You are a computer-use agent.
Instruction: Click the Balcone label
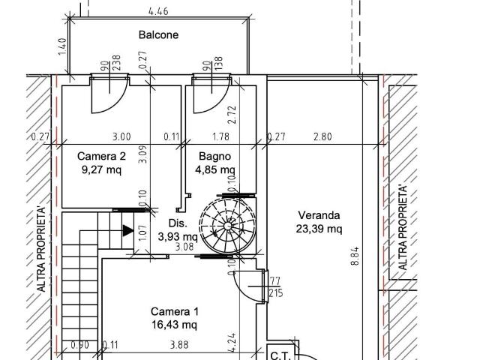click(x=158, y=34)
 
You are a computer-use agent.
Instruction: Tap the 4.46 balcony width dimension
click(x=158, y=12)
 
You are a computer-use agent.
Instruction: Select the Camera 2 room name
click(x=101, y=156)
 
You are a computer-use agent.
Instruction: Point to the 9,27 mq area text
click(x=101, y=169)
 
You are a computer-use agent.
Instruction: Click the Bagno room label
click(x=215, y=156)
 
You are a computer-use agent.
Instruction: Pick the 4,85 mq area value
click(x=215, y=169)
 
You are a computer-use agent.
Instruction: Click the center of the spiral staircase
click(x=227, y=226)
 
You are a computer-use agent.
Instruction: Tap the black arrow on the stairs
click(x=128, y=230)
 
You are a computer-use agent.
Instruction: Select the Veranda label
click(x=319, y=215)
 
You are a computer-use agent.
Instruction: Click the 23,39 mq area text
click(x=319, y=229)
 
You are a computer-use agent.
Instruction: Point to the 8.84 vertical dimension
click(x=355, y=256)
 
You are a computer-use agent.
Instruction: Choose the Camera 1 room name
click(x=175, y=312)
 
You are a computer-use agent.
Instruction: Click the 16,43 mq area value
click(x=175, y=325)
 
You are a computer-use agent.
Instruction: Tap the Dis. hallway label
click(x=178, y=223)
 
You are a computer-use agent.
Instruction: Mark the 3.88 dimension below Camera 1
click(x=179, y=345)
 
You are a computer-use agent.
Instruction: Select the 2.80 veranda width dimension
click(x=322, y=136)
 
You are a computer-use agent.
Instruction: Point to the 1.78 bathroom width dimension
click(x=220, y=136)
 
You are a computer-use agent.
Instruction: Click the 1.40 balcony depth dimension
click(x=62, y=46)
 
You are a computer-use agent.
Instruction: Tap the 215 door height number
click(x=276, y=293)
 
